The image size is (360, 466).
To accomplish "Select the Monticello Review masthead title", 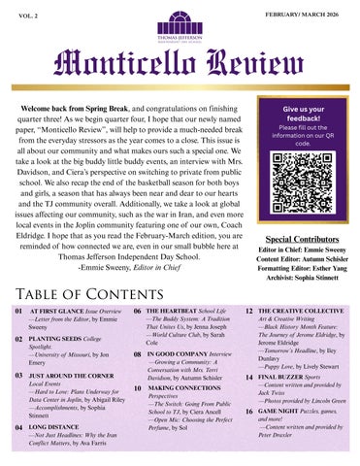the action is [180, 66].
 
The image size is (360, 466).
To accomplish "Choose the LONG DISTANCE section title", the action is [55, 426].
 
